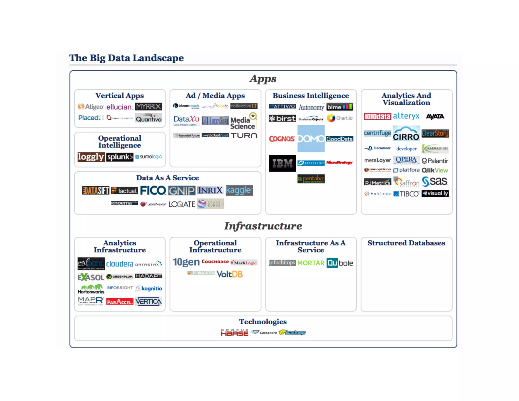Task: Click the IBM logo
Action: coord(282,163)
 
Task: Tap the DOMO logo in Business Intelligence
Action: coord(311,139)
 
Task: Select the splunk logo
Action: coord(120,157)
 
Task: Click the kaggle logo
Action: coord(239,190)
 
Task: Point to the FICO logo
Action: coord(153,190)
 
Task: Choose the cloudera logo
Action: coord(119,264)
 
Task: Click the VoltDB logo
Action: coord(230,274)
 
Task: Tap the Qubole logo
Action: coord(340,263)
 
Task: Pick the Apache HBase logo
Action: coord(234,333)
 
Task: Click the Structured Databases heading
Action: coord(406,243)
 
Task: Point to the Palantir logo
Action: coord(435,161)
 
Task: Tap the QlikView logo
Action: coord(435,170)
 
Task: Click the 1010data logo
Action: coord(377,116)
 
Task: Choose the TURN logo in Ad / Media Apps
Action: coord(244,135)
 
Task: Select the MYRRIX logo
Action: coord(149,106)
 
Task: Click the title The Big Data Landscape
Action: coord(126,58)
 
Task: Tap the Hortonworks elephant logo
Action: coord(91,289)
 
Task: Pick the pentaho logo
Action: coord(311,179)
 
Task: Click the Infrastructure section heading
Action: coord(263,226)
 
